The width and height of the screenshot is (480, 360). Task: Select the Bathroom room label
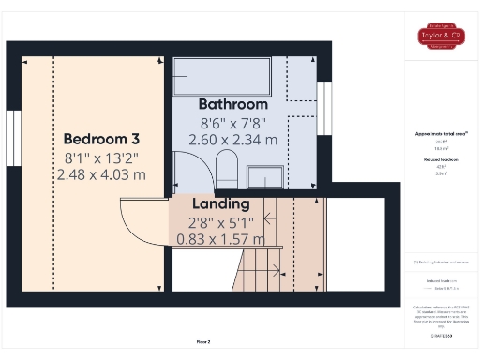(x=232, y=104)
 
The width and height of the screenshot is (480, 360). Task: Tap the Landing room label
(x=220, y=203)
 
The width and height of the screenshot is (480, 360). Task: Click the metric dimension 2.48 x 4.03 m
(x=101, y=173)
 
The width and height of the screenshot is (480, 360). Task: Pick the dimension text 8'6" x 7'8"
(x=232, y=122)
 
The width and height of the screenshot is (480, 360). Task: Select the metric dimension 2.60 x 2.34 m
(x=232, y=140)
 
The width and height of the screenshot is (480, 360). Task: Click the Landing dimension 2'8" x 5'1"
(x=220, y=221)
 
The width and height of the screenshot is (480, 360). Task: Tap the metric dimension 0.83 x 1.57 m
(x=220, y=239)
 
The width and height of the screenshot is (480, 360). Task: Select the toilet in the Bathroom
(x=227, y=171)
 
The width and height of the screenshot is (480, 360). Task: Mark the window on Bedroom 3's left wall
(x=12, y=139)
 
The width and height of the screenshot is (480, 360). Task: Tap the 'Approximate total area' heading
(x=441, y=133)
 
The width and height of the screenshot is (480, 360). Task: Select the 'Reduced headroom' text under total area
(x=441, y=160)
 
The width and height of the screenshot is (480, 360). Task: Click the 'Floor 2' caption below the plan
(x=202, y=341)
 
